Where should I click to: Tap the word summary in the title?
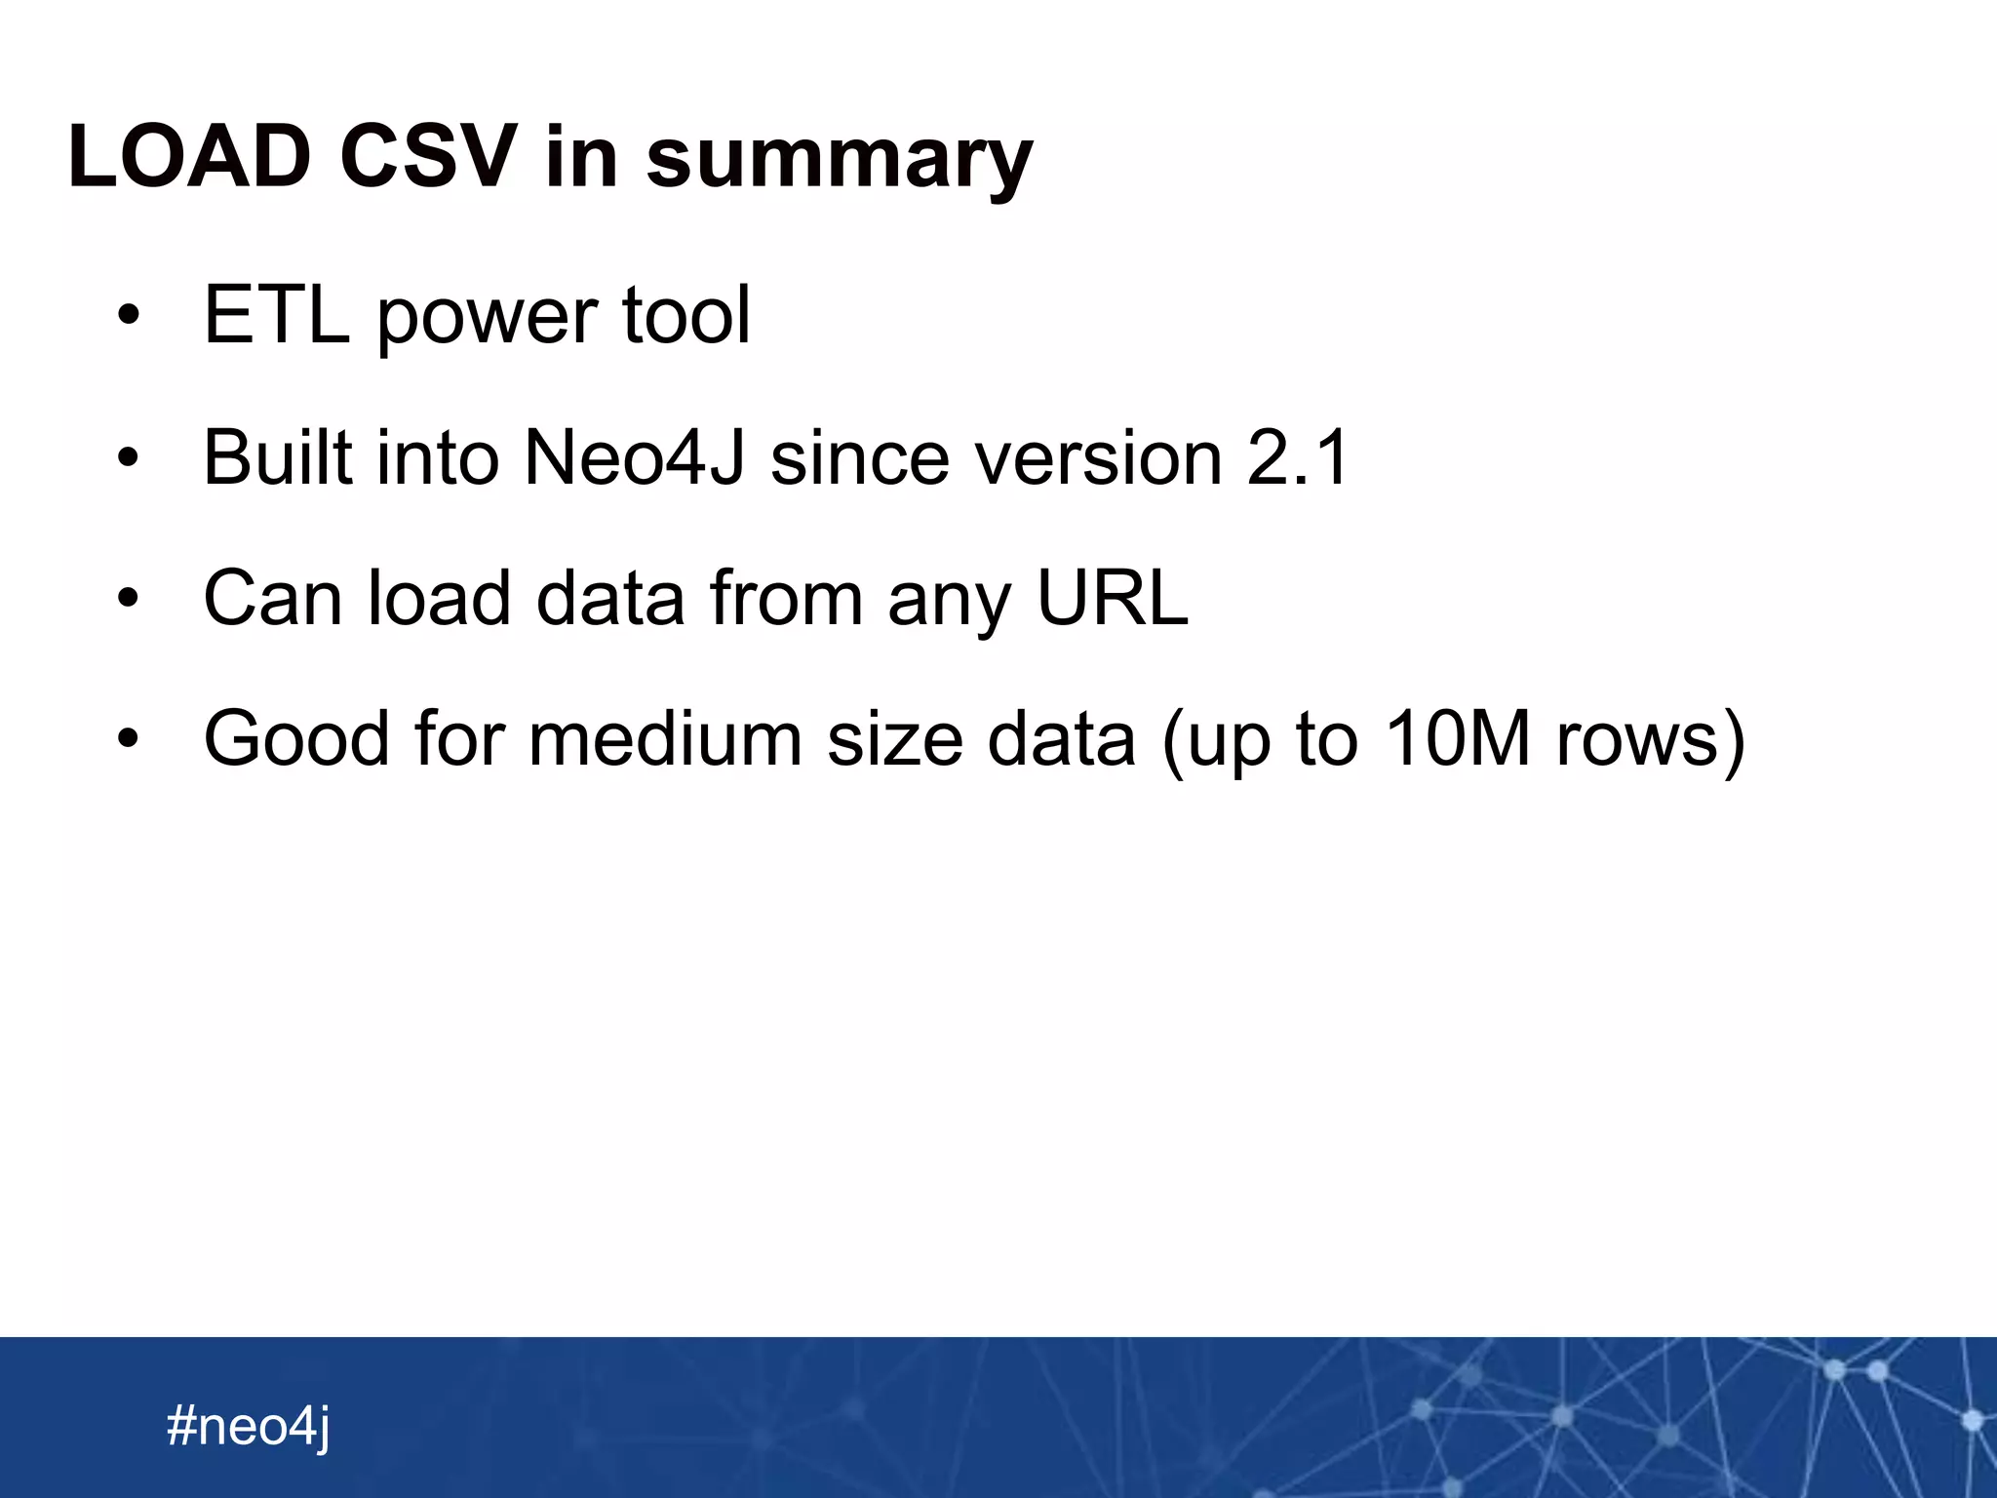pos(839,161)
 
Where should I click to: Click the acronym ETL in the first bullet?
pos(276,315)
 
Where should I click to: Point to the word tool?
pos(686,315)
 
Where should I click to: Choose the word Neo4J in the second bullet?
pos(634,456)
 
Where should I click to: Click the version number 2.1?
pos(1298,456)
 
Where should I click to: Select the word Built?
pos(277,456)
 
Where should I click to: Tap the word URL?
pos(1112,597)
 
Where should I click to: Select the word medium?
pos(665,738)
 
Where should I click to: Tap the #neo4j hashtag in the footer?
pos(249,1426)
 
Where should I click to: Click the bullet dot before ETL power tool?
pos(128,317)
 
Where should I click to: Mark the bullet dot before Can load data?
pos(128,599)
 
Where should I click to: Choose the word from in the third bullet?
pos(786,597)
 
